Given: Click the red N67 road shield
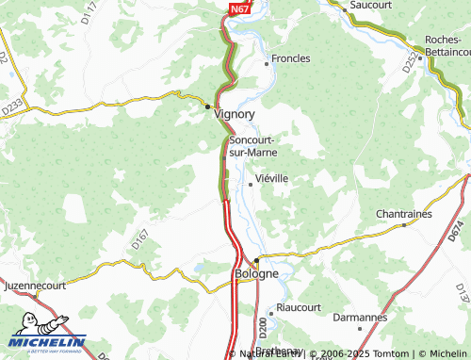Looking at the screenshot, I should [239, 8].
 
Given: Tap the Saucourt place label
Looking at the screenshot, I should [370, 6].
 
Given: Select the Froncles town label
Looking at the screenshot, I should [290, 58].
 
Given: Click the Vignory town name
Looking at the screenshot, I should [235, 113].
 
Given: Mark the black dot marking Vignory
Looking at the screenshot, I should [209, 106].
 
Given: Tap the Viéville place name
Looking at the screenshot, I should [272, 177].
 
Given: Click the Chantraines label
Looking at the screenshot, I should [403, 214].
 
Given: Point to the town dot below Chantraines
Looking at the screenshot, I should [404, 225].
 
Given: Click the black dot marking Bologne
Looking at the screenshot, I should [255, 259].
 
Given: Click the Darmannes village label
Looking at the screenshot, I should [360, 319].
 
